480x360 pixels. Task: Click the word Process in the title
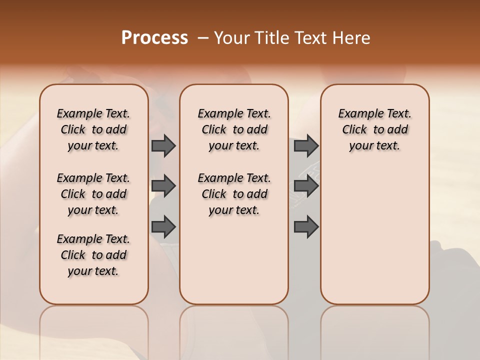154,37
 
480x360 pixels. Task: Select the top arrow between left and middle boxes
163,145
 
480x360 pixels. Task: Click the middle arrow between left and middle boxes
163,186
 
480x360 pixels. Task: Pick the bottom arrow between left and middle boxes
163,226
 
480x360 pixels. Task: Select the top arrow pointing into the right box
306,145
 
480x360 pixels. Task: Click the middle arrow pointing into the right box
306,186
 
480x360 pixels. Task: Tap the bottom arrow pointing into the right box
306,226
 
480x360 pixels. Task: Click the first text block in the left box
93,129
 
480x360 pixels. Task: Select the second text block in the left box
93,194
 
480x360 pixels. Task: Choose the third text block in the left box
93,255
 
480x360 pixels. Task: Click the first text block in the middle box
234,129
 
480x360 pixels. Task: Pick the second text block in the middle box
234,194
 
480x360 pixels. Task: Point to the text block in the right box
374,129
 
